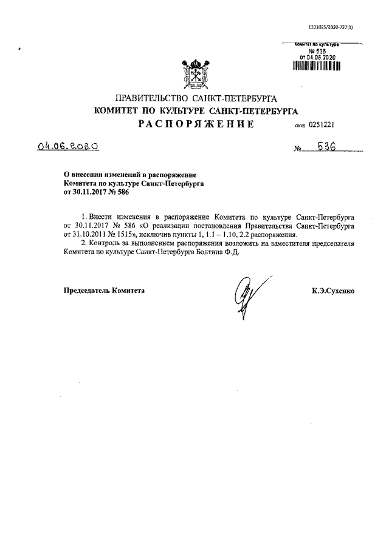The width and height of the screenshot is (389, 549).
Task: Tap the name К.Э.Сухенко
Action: click(x=333, y=291)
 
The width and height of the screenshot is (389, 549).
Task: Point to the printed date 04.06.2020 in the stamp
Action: click(x=320, y=57)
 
